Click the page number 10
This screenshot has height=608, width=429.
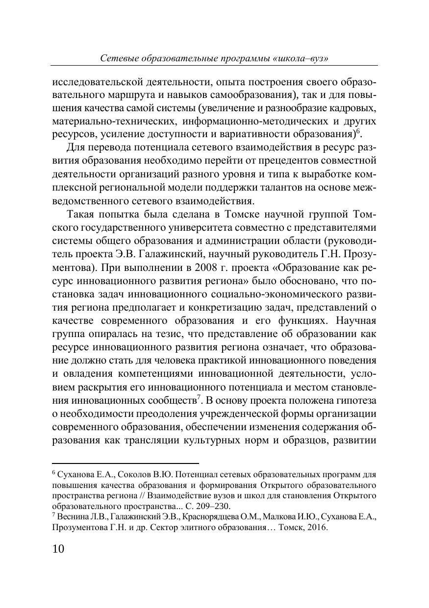coord(58,548)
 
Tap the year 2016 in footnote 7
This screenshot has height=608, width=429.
coord(316,528)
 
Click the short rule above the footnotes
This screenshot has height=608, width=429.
coord(125,463)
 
